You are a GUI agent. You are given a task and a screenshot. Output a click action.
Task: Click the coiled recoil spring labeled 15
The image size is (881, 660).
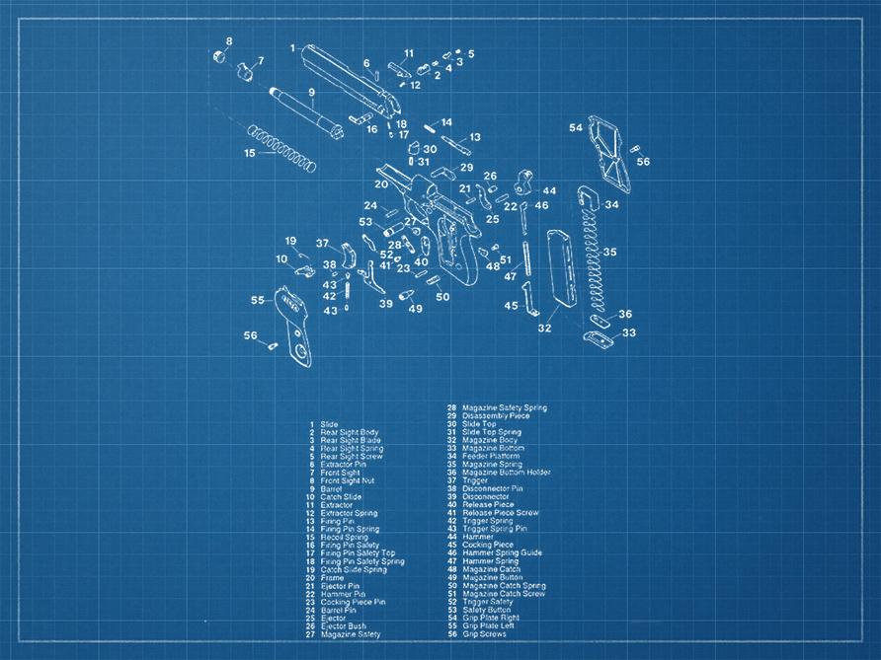point(281,145)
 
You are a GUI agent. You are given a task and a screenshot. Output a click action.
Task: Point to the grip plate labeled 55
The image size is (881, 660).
point(295,325)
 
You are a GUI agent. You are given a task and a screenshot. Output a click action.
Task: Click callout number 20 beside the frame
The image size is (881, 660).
point(381,184)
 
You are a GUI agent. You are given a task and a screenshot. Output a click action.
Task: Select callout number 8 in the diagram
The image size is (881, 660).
point(229,41)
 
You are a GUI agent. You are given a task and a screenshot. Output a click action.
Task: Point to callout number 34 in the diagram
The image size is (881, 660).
point(612,205)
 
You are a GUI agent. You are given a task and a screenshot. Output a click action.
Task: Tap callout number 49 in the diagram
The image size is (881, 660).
point(416,309)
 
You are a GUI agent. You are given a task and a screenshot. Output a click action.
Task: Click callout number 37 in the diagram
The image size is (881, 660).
point(322,243)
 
